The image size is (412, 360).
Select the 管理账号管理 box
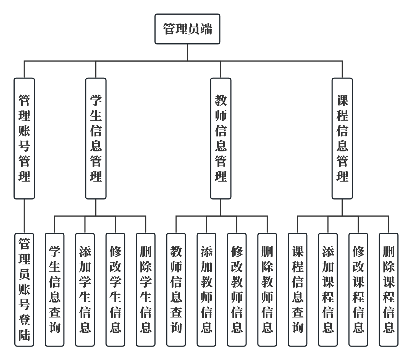pos(24,138)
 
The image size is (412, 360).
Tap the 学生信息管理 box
pos(96,138)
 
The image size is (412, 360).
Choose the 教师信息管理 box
pos(221,138)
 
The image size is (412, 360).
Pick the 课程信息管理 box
pos(342,138)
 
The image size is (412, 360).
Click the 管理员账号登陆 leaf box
pos(24,290)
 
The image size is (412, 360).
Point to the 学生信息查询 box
pos(55,290)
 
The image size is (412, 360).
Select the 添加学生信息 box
pos(85,290)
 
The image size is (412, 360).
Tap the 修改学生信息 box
pos(116,290)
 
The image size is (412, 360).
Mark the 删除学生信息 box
pos(146,290)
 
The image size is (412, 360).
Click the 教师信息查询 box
pos(176,290)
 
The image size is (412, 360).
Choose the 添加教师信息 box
pos(207,290)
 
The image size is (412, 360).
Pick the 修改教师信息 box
pos(237,290)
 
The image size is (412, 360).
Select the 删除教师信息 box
pos(268,290)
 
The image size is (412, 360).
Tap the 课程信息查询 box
pos(298,290)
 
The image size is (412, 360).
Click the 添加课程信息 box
pos(328,290)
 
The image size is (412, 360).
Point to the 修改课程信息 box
pos(359,290)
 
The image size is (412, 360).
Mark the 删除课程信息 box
pos(389,290)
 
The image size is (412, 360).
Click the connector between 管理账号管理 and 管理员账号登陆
pos(24,216)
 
